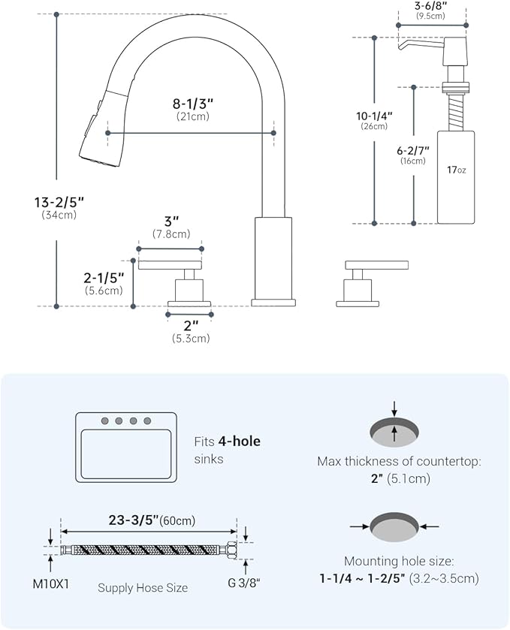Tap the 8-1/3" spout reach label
192,104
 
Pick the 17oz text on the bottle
456,170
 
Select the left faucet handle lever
170,264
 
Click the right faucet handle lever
376,264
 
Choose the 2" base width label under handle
190,326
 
